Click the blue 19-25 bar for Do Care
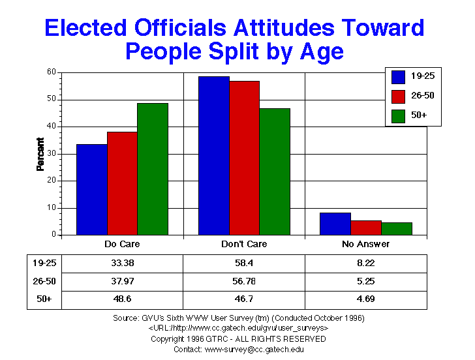click(x=92, y=189)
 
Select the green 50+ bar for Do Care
click(x=153, y=169)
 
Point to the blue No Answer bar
click(x=335, y=224)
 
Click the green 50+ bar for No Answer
click(x=397, y=228)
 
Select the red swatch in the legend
click(x=399, y=97)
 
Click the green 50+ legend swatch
click(x=399, y=115)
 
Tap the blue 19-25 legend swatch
click(x=399, y=77)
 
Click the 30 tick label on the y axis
click(x=50, y=153)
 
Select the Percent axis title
click(x=40, y=154)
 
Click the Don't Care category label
click(x=244, y=244)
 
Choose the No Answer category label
click(x=366, y=244)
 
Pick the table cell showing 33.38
click(x=122, y=263)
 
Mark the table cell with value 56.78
click(x=244, y=281)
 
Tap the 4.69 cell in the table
click(x=366, y=299)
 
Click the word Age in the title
click(x=321, y=50)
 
